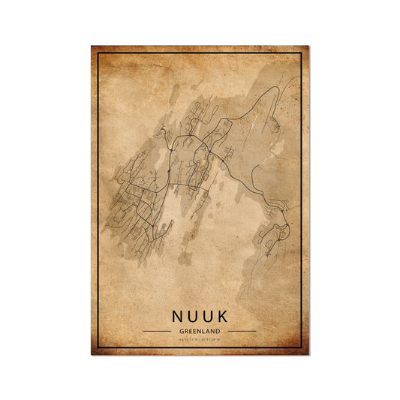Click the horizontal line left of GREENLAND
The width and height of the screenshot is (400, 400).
[x=157, y=331]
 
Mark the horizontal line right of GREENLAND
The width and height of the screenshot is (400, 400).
[x=242, y=331]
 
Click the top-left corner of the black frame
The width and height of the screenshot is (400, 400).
[x=99, y=53]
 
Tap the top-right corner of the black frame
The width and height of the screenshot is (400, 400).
[x=301, y=53]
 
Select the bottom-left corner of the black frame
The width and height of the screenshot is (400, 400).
[x=99, y=347]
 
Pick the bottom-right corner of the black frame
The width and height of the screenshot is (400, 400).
[x=301, y=347]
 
